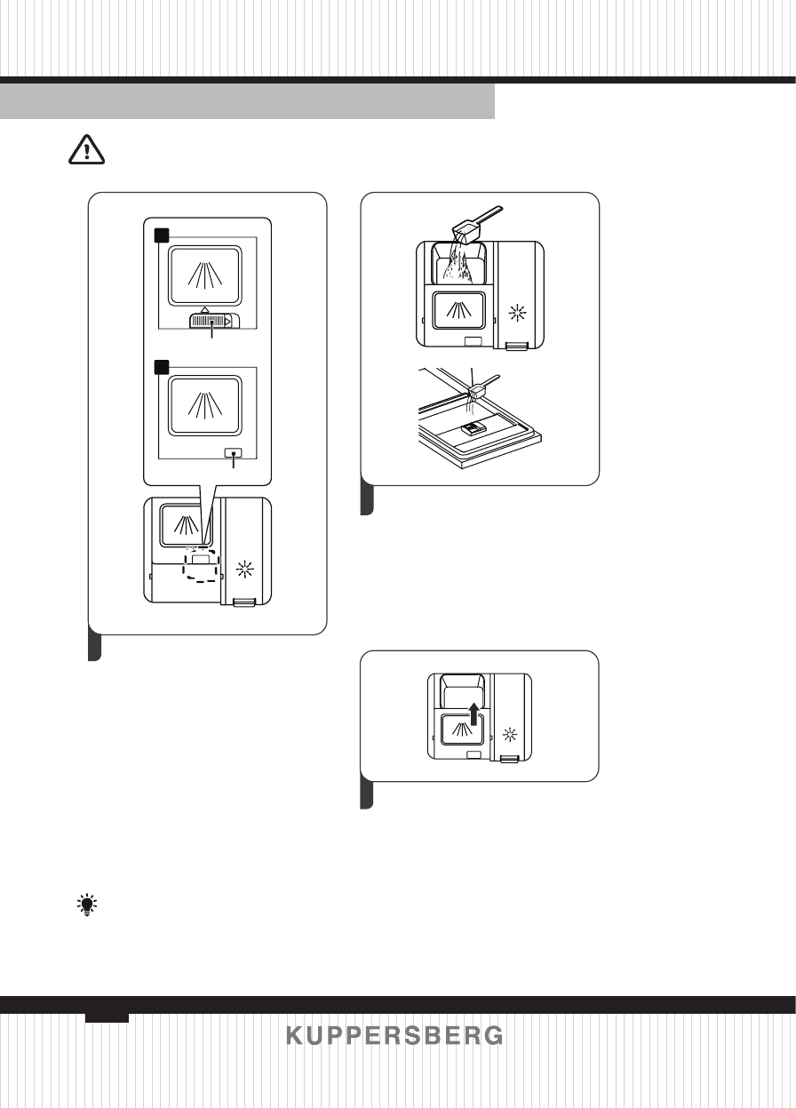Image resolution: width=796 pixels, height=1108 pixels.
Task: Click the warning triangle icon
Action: click(86, 152)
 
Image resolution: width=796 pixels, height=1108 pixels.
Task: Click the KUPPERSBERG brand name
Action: click(394, 1036)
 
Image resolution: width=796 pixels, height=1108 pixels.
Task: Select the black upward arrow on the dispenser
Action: click(476, 713)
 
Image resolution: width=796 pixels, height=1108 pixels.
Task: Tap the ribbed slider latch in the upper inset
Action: click(211, 321)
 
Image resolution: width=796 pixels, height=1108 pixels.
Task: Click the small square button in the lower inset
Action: click(233, 452)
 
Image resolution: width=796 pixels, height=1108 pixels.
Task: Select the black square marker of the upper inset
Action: click(161, 235)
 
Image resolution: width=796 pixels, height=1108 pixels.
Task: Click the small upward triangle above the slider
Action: click(205, 307)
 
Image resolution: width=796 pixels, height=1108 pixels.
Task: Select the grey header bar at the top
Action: click(247, 101)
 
